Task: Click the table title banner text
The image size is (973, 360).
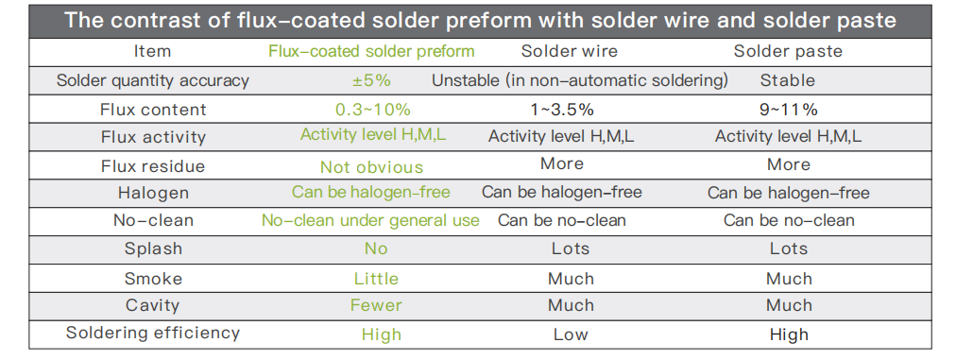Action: point(480,21)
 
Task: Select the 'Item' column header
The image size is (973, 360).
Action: point(152,52)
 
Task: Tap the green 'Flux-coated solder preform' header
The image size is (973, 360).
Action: point(371,52)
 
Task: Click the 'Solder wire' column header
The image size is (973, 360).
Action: point(569,52)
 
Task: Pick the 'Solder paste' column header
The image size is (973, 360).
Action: point(788,52)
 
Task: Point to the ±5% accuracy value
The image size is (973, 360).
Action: point(371,80)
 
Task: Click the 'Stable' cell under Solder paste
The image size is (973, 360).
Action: point(788,80)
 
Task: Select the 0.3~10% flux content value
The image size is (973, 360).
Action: point(373,110)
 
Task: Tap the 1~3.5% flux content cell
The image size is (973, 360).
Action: point(561,110)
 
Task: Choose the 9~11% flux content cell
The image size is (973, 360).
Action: point(788,110)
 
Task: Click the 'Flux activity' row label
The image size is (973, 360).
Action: point(153,137)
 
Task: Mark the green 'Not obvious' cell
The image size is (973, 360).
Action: point(371,167)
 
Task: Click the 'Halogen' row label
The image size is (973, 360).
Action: point(153,194)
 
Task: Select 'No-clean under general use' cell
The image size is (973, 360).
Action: point(370,220)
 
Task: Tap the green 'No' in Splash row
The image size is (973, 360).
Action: point(376,249)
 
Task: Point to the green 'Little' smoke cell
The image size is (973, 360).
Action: point(376,279)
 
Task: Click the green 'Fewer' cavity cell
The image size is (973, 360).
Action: point(376,305)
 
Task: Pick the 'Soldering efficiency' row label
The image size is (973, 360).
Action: point(153,333)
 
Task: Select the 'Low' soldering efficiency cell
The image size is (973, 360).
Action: point(571,335)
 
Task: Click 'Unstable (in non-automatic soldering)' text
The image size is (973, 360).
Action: point(580,80)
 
